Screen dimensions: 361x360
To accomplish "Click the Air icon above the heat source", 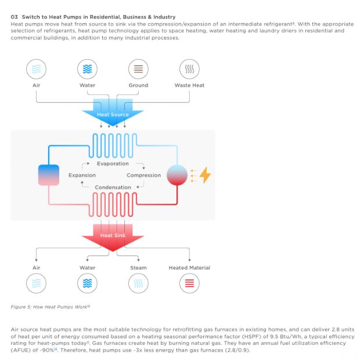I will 37,69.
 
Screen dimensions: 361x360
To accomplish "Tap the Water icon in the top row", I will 87,69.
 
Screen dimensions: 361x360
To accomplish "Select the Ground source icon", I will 138,69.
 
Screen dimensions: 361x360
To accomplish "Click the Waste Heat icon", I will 189,69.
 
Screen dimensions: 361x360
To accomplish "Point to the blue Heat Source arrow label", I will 113,115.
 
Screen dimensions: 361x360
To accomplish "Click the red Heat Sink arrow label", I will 113,235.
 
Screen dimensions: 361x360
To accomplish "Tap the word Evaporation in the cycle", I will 113,163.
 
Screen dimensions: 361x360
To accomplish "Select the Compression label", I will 143,175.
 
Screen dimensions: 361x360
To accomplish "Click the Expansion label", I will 82,175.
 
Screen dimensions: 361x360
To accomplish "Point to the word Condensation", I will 113,187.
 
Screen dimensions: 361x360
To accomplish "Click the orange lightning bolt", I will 205,174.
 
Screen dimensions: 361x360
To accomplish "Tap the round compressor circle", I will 177,174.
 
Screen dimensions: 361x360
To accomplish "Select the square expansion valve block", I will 48,174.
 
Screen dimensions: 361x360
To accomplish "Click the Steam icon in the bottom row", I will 138,283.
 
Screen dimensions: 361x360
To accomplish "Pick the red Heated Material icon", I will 189,283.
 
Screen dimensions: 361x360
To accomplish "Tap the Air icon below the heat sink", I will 37,283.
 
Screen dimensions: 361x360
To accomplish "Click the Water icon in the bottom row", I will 87,283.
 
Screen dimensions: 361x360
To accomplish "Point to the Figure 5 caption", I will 51,306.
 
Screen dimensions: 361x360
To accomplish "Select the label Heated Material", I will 189,267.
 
